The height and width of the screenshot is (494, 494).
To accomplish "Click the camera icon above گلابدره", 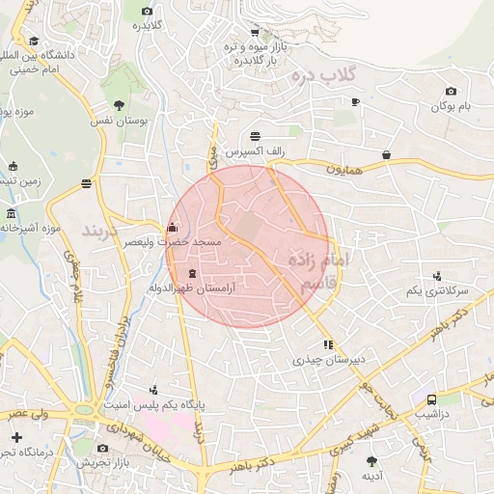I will point(148,11).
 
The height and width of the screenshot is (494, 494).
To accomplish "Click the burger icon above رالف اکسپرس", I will point(255,136).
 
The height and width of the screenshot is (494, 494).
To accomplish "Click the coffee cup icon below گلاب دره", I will point(355,101).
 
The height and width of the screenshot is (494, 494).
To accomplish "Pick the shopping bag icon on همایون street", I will point(387,153).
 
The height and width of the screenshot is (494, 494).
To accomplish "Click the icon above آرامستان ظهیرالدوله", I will point(191,274).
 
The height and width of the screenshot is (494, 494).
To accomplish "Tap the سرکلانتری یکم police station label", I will point(437,290).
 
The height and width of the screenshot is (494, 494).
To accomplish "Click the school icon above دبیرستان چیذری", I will point(329,343).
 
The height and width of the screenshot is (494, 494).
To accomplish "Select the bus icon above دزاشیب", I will point(431,398).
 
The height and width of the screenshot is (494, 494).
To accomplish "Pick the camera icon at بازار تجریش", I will point(104,448).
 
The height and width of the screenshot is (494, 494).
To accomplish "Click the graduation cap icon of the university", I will point(35,41).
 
